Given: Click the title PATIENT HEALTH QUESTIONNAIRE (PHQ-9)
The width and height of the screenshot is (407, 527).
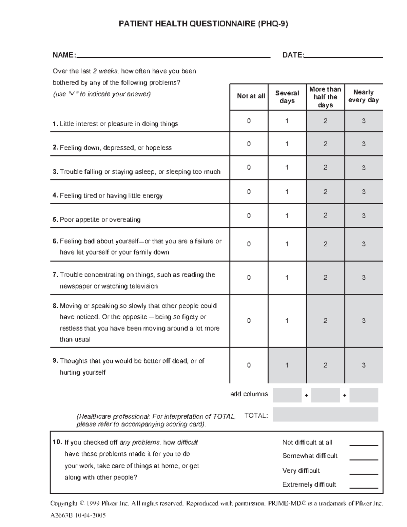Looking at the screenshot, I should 203,24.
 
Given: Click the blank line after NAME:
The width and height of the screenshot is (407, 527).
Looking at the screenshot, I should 173,56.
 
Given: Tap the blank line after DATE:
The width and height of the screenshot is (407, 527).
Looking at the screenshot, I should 344,56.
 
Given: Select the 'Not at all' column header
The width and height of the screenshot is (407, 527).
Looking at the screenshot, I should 251,96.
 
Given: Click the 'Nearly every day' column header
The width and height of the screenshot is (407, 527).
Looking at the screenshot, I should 364,96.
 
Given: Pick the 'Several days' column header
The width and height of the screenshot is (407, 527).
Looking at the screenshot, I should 287,97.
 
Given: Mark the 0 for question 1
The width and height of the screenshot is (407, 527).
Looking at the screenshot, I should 249,121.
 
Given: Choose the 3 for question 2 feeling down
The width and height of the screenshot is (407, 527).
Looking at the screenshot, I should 364,144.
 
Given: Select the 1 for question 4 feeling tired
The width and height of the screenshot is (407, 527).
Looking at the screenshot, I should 287,192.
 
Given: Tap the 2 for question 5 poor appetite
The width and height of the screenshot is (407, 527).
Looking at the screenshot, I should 325,215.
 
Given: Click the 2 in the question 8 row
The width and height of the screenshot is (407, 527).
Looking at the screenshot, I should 325,321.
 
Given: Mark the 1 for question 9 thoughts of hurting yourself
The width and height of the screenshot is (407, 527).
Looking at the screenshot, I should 287,365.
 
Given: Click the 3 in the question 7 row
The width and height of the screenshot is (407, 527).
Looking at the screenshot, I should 364,278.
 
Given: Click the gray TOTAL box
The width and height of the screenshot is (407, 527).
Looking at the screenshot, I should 325,414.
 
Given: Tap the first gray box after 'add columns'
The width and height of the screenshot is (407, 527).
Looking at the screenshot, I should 287,395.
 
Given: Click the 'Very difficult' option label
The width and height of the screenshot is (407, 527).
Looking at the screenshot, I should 301,471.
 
